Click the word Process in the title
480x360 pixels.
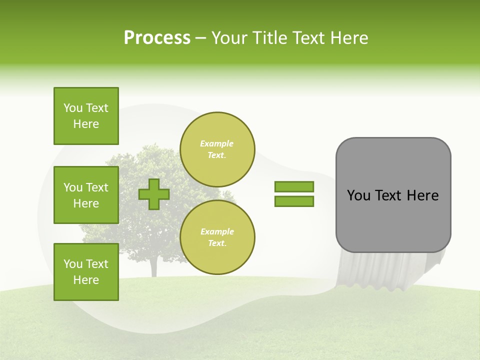[157, 38]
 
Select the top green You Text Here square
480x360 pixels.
[86, 116]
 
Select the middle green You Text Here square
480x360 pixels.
[86, 195]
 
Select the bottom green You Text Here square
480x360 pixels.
[86, 271]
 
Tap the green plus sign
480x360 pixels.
[154, 194]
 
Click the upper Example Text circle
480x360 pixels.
[217, 149]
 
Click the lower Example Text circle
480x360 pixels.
[217, 237]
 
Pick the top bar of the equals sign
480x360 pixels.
[294, 186]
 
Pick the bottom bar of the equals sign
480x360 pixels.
[294, 201]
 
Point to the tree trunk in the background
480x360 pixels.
[153, 267]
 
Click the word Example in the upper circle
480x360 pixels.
[216, 143]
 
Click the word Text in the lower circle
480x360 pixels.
[216, 243]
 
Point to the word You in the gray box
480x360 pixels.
[358, 195]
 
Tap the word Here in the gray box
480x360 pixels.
[422, 195]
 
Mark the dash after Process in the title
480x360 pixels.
[201, 38]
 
